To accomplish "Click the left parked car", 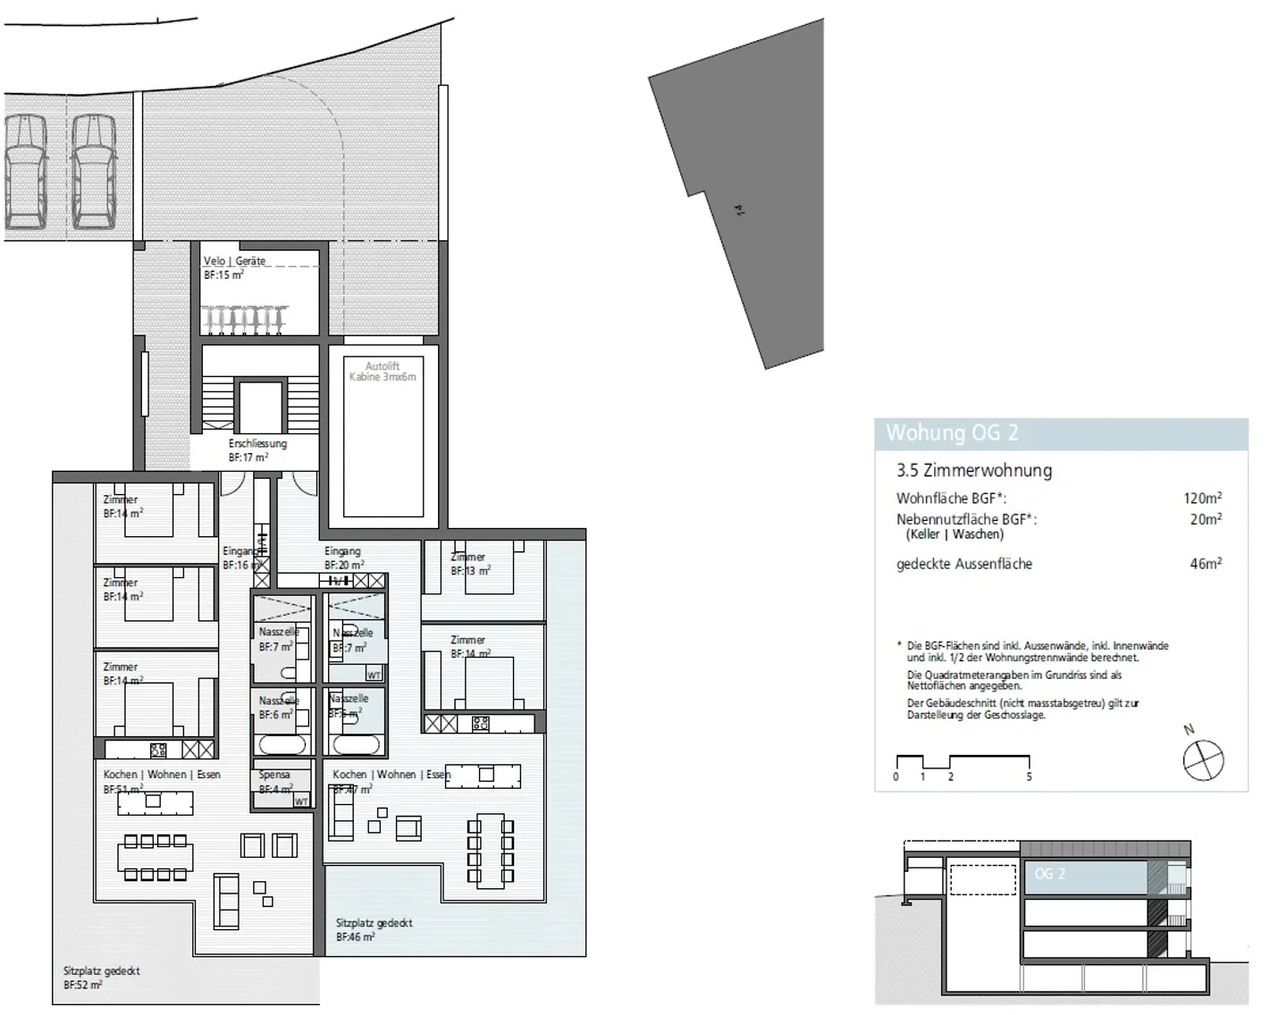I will click(26, 172).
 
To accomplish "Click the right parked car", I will click(94, 172).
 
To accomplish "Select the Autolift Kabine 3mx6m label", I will click(383, 372).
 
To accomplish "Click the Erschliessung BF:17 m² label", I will click(257, 450).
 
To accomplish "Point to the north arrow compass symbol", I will click(1203, 761).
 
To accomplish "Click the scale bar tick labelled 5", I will click(1029, 776).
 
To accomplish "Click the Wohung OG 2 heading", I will click(952, 433).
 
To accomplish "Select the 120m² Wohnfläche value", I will click(1202, 499).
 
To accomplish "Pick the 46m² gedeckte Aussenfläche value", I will click(1205, 564).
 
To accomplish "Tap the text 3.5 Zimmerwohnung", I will click(974, 471).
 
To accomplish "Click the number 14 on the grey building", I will click(738, 211).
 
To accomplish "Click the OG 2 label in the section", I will click(1050, 874).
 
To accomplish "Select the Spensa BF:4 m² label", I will click(275, 782).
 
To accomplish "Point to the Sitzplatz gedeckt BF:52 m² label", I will click(101, 977).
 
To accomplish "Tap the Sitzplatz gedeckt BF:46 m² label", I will click(374, 930).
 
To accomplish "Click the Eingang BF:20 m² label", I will click(343, 558).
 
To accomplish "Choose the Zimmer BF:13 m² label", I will click(469, 564).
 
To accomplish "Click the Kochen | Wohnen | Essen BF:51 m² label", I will click(161, 782).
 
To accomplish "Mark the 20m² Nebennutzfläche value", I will click(1205, 519).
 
